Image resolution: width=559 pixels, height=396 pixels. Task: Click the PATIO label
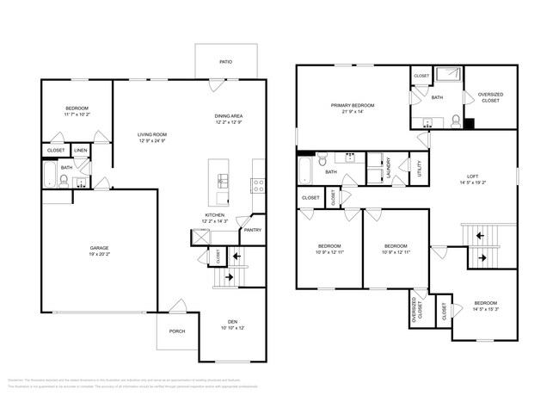[x=225, y=62]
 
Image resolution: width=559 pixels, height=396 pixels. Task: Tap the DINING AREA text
[x=230, y=115]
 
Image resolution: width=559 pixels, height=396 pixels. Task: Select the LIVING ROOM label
[x=152, y=134]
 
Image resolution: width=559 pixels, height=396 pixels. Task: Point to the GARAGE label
[x=100, y=248]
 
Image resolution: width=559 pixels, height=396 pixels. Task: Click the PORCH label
[x=176, y=331]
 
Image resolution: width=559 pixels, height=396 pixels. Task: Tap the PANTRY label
[x=252, y=230]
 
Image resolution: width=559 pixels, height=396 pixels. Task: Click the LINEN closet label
[x=80, y=151]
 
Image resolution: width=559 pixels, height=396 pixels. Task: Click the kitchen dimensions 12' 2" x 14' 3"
[x=216, y=222]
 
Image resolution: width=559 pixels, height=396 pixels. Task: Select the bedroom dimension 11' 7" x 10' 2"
[x=77, y=114]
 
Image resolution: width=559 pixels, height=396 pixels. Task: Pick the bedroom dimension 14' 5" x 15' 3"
[x=486, y=309]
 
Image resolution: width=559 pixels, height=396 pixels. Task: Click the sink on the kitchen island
[x=223, y=181]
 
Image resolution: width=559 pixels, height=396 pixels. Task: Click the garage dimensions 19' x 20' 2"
[x=100, y=255]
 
